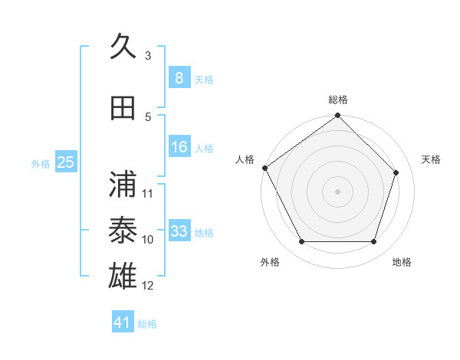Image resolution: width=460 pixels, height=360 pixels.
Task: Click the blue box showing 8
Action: (179, 78)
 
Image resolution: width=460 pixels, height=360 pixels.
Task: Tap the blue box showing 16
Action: (179, 148)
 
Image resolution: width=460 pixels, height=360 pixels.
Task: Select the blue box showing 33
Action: (179, 231)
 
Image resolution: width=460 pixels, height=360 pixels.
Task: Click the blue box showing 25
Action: (65, 162)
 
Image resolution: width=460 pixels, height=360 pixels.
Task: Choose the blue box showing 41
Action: (123, 322)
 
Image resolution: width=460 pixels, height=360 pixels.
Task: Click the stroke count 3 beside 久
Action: (148, 56)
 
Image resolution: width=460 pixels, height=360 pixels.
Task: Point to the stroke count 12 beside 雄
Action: (148, 286)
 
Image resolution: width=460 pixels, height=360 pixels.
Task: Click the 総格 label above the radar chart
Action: (338, 100)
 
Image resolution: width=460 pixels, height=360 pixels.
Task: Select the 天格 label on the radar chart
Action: (432, 159)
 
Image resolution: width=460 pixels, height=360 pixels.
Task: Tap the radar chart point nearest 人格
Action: (264, 168)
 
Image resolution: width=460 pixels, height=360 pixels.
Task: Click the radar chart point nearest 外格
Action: (301, 242)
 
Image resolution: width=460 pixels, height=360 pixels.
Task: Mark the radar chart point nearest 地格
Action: (373, 242)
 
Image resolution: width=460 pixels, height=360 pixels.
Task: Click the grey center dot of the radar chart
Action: (337, 191)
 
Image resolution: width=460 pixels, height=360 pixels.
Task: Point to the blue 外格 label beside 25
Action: (41, 163)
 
